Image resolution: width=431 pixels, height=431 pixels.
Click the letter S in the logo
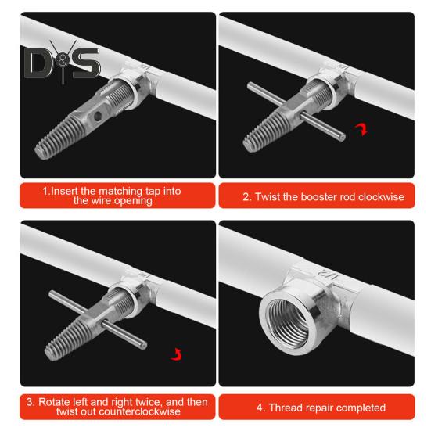point(87,63)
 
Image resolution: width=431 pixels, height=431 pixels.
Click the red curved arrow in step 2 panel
point(361,129)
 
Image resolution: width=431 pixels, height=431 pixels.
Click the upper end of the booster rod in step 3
point(52,295)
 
